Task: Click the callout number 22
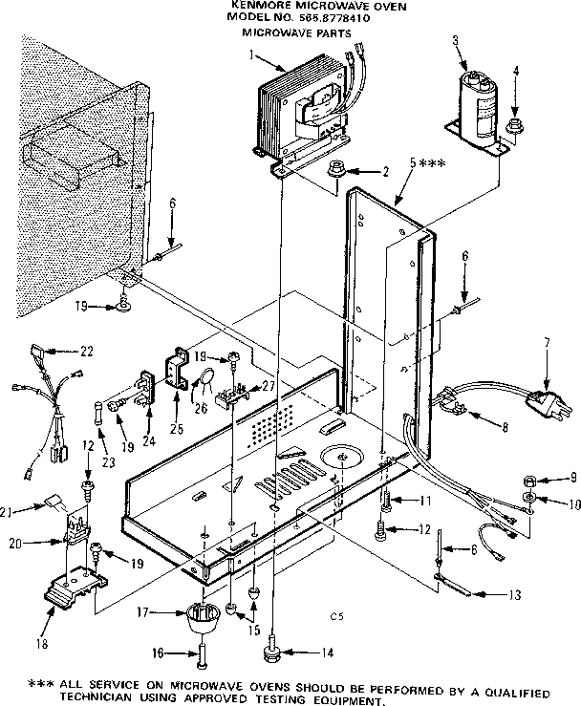point(86,352)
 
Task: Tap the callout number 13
point(516,595)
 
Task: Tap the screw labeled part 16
point(203,654)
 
